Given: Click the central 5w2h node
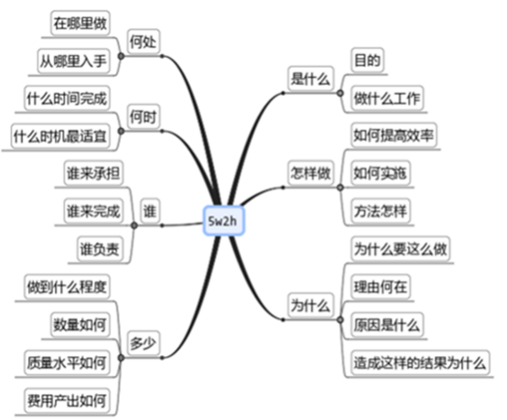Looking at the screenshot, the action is [x=223, y=221].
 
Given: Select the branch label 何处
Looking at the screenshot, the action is [x=143, y=41].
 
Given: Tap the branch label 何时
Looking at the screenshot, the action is [x=143, y=117].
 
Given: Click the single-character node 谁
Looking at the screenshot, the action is [x=150, y=211].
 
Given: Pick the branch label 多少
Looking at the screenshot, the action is [x=143, y=343].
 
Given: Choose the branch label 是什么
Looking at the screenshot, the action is [x=310, y=79].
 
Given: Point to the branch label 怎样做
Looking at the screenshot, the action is [x=310, y=173].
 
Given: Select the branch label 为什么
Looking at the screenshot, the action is [x=310, y=306].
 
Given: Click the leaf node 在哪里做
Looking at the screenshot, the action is [x=80, y=23].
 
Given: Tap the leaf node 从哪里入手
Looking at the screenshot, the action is [x=73, y=60].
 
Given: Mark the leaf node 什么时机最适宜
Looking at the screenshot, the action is [x=60, y=136].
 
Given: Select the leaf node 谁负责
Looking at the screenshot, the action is [x=100, y=249].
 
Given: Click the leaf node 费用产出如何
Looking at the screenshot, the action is [x=67, y=401].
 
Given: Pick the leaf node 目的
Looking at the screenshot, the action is [x=367, y=60].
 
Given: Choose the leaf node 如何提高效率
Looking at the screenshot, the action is [x=394, y=135].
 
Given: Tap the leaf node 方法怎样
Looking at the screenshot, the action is [x=381, y=211].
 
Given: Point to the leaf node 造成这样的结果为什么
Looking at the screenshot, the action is [x=420, y=362].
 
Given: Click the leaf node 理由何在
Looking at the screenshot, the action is [x=381, y=286].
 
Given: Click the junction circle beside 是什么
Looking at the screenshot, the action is [x=340, y=93].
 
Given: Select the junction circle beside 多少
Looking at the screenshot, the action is [x=121, y=358].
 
